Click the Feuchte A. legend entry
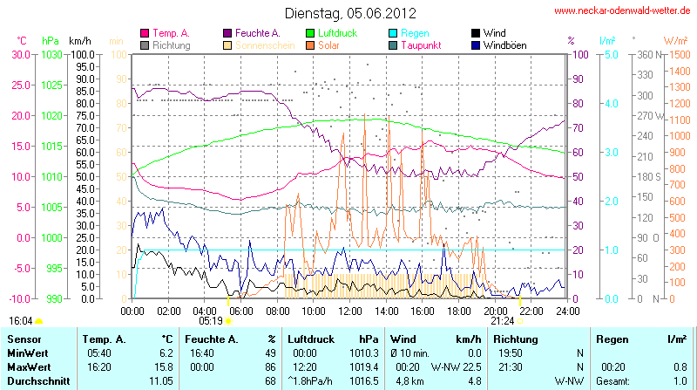tap(257, 32)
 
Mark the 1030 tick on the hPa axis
tap(52, 54)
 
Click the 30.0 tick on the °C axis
tap(19, 54)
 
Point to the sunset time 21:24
tap(503, 320)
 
